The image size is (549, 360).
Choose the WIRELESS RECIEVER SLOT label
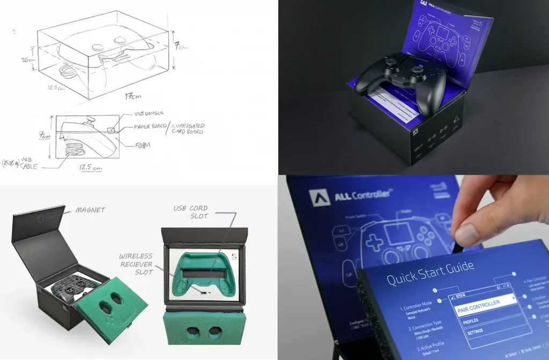coord(136,264)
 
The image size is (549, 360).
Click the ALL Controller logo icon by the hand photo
coord(319,197)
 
